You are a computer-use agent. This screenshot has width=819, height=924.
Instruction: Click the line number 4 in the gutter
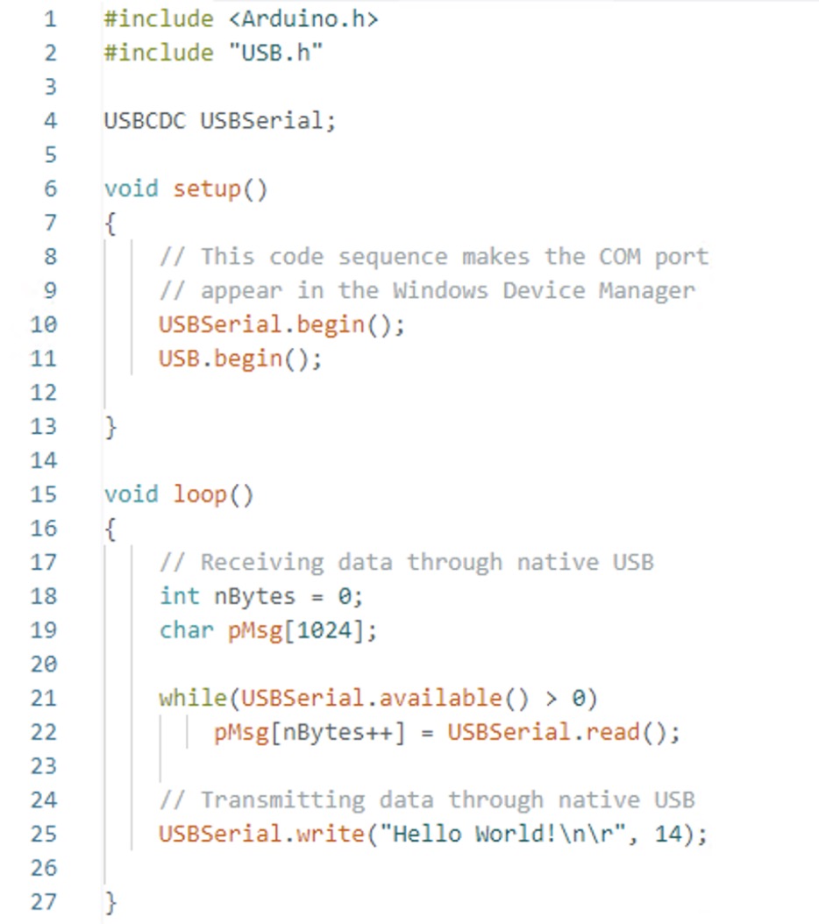(49, 120)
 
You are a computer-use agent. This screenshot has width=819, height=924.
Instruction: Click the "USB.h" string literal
(276, 53)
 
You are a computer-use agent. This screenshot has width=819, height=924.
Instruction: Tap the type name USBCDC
(145, 120)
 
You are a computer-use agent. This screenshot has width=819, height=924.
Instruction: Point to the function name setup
(207, 188)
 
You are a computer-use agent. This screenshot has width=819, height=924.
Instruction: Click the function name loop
(201, 494)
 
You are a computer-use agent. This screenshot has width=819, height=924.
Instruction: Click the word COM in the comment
(620, 257)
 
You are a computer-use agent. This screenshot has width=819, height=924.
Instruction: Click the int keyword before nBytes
(179, 596)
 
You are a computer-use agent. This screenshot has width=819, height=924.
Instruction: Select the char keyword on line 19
(186, 630)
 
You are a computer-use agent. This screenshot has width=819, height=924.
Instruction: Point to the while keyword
(193, 698)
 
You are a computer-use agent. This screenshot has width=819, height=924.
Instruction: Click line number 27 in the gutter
(44, 901)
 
